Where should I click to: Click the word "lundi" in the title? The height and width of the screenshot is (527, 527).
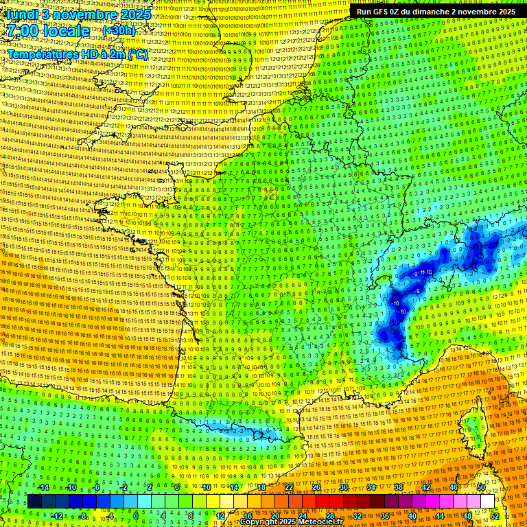coord(23,14)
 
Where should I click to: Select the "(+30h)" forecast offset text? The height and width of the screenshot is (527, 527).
coord(118,31)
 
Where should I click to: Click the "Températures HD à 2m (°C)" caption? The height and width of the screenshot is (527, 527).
coord(77,54)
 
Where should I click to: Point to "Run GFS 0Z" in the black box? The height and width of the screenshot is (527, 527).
coord(382,12)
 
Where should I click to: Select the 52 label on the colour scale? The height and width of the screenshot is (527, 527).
coord(495,515)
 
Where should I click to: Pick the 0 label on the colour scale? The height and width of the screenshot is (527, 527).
coord(137,515)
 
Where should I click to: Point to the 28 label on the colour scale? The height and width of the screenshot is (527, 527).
coord(330,515)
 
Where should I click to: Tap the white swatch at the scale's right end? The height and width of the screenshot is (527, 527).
coord(487,502)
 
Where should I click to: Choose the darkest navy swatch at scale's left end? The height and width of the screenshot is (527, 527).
coord(34,502)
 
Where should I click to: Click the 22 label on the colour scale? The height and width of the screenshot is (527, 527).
coord(289,487)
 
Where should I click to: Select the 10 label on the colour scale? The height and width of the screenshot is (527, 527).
coord(206,487)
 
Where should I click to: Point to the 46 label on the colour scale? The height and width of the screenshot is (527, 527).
coord(453,487)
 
